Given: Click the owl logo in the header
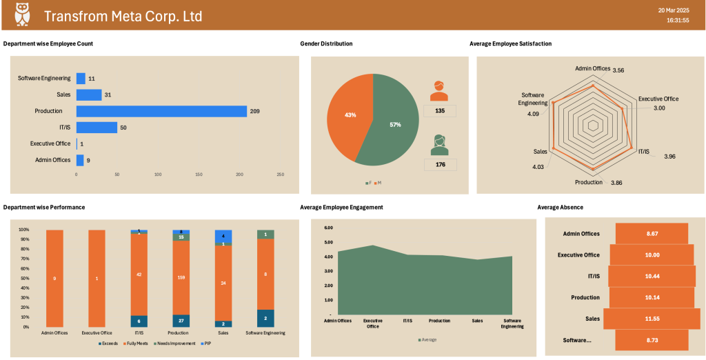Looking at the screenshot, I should (22, 14).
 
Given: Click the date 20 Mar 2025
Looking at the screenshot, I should (673, 10).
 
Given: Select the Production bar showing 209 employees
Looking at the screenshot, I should (161, 111).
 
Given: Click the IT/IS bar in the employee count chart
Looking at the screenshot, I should (97, 128).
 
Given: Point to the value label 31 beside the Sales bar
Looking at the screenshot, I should (108, 94).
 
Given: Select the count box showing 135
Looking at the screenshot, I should (439, 110).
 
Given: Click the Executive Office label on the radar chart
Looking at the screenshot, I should (658, 99).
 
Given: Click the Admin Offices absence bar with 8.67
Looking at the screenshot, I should (652, 234).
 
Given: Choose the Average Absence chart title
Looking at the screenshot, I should (561, 207).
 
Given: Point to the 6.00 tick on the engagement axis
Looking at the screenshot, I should (328, 228).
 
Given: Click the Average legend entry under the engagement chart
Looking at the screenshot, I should (427, 339).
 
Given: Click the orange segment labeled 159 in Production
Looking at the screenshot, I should (181, 278).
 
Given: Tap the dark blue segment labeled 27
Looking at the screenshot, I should (181, 321).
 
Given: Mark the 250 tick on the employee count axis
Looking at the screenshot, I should (280, 174).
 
